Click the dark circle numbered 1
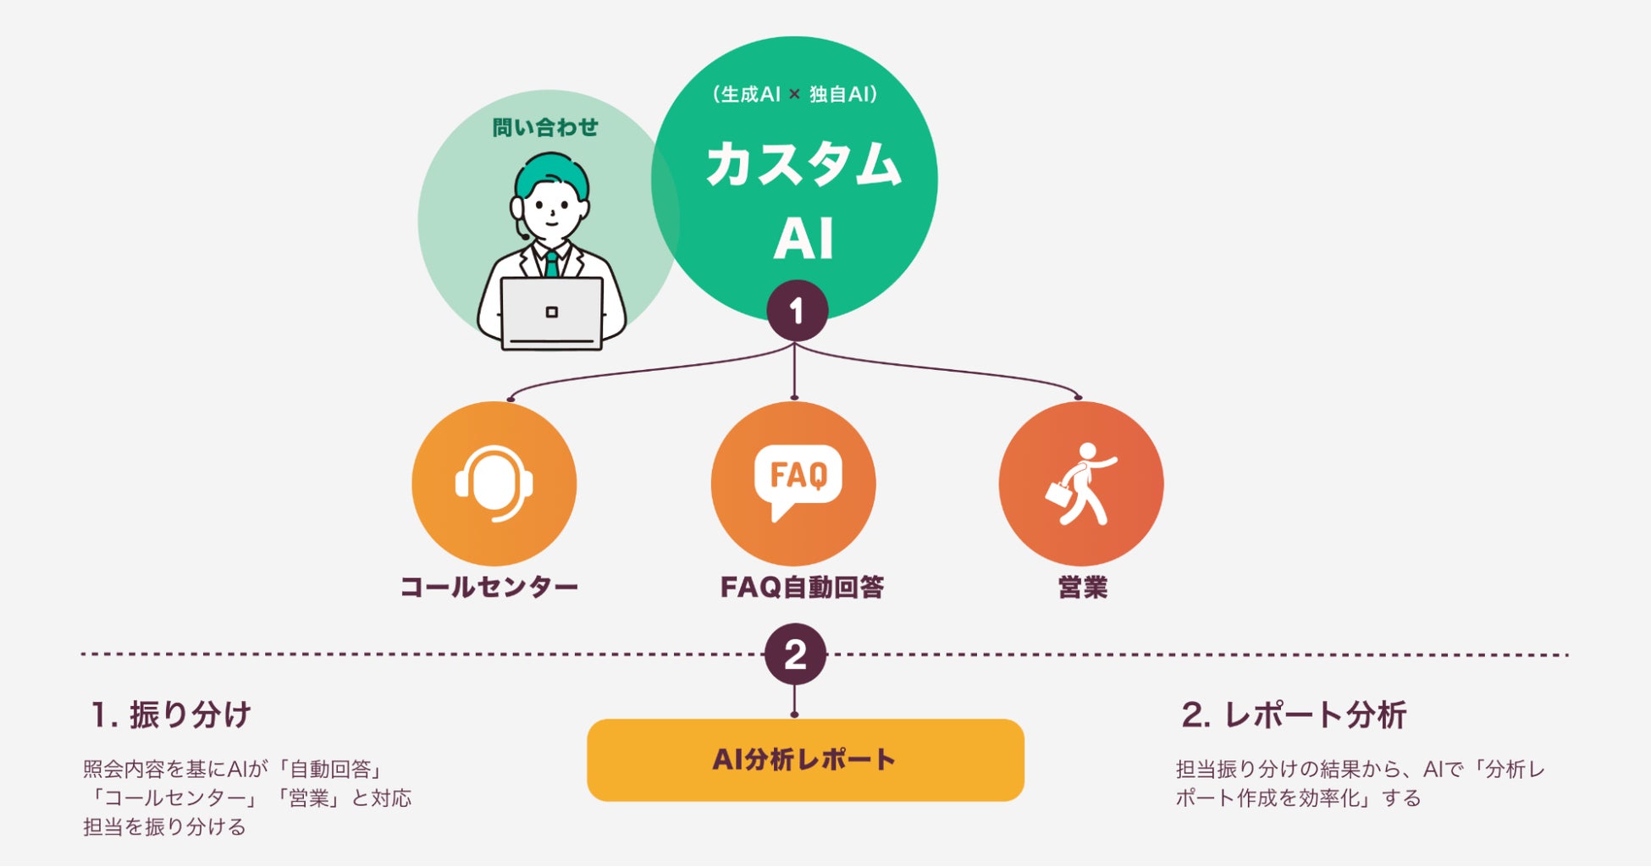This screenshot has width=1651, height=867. [797, 311]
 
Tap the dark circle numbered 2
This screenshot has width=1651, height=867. [795, 654]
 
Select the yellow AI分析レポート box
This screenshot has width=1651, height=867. [805, 759]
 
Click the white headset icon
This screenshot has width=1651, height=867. [494, 483]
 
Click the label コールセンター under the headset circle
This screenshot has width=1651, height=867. [489, 587]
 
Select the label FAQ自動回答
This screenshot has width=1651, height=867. [801, 587]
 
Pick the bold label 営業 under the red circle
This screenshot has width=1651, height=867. [1082, 587]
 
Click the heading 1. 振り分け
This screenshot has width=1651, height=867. [171, 715]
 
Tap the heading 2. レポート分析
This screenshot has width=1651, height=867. [1293, 715]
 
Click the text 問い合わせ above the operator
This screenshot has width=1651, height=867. [545, 128]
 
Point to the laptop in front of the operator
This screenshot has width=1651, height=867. [551, 313]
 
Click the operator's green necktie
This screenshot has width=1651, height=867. [551, 263]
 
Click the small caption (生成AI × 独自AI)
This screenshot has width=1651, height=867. [794, 94]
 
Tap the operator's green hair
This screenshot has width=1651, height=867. [551, 168]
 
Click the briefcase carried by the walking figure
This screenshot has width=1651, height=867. [1059, 494]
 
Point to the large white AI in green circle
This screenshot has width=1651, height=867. [803, 239]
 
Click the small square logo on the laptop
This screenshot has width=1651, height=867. [551, 312]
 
